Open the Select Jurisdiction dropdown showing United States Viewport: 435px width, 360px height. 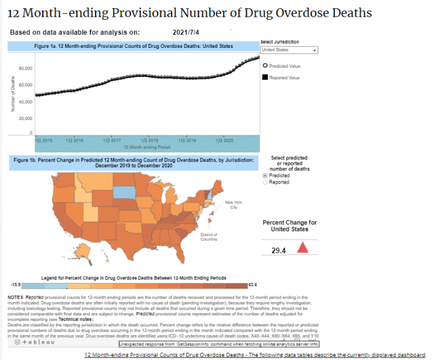(289, 50)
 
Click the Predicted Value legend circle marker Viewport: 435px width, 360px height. (265, 65)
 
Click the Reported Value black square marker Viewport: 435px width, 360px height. (265, 77)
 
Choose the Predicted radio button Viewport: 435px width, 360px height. (266, 176)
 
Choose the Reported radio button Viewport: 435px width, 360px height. (266, 182)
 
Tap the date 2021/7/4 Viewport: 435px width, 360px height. (185, 32)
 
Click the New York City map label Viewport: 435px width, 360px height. (232, 205)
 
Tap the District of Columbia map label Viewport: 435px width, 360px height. (209, 236)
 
